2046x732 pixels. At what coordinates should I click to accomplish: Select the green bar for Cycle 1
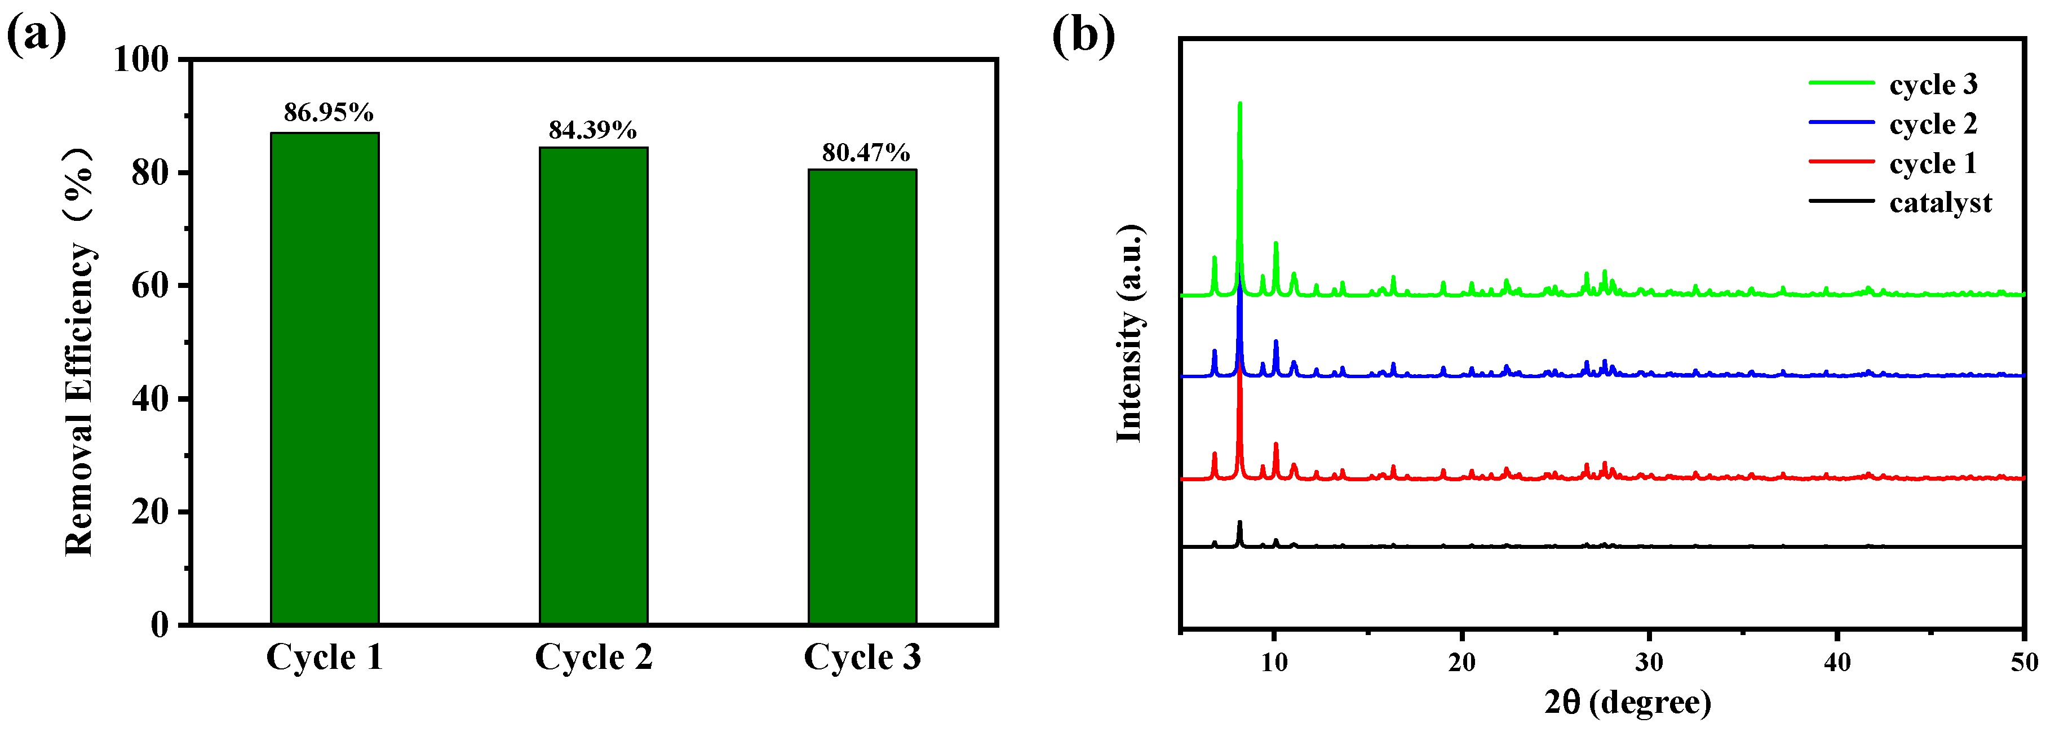pos(325,378)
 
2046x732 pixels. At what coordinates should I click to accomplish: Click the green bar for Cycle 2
pos(594,385)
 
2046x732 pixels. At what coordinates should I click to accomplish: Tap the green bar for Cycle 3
pos(862,396)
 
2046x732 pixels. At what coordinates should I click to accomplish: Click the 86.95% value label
pos(328,113)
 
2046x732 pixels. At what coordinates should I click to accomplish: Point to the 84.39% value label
pos(592,130)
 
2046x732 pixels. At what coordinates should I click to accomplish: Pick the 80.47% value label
pos(866,153)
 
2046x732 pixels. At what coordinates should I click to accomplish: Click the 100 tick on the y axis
pos(141,60)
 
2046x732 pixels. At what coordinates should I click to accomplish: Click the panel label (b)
pos(1083,35)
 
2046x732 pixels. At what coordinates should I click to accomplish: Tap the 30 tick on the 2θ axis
pos(1650,662)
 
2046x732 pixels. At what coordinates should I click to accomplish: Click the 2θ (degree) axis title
pos(1627,702)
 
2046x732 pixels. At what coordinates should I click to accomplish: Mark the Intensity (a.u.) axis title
pos(1130,334)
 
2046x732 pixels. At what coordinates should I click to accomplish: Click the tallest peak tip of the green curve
pos(1240,103)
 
